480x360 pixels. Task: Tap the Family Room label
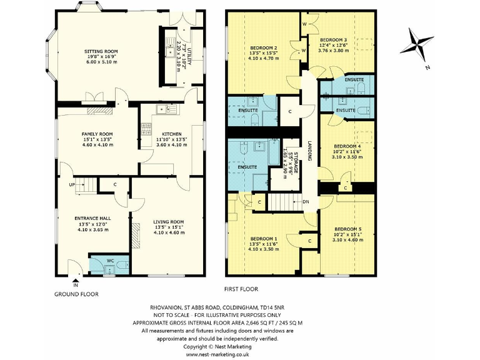point(97,134)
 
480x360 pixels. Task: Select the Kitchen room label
point(172,134)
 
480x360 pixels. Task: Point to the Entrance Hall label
point(92,218)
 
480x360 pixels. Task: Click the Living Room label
point(169,221)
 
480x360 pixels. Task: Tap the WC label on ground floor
point(110,260)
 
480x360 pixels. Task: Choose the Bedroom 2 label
point(264,48)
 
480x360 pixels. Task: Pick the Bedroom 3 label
point(333,39)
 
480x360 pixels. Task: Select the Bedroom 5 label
point(346,229)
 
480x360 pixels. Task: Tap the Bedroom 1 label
point(264,239)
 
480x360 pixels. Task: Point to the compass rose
point(417,45)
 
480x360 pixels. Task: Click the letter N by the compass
point(426,67)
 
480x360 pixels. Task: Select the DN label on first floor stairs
point(306,202)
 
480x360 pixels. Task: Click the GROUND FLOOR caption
point(76,294)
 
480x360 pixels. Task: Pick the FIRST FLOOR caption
point(241,289)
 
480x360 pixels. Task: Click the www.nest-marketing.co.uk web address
point(217,354)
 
